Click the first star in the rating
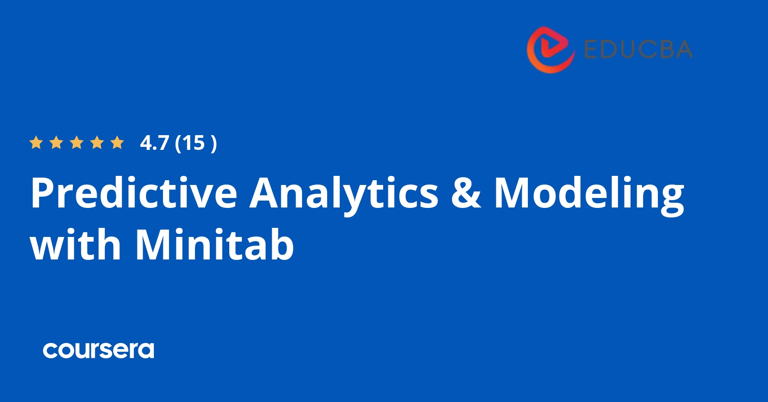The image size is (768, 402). click(x=36, y=143)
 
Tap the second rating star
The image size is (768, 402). click(x=56, y=143)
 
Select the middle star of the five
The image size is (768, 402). click(x=77, y=143)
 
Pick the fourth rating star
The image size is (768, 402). click(x=97, y=143)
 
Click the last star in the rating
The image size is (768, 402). click(x=117, y=143)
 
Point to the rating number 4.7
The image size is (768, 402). click(x=154, y=143)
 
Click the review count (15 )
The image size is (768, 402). click(x=195, y=143)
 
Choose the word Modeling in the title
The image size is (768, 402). click(x=589, y=194)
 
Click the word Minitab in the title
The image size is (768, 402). click(x=215, y=245)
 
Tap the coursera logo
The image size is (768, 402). click(x=98, y=350)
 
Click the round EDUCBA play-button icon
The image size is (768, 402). click(x=550, y=49)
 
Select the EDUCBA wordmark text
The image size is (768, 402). click(x=638, y=49)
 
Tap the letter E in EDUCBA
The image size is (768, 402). click(x=591, y=49)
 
